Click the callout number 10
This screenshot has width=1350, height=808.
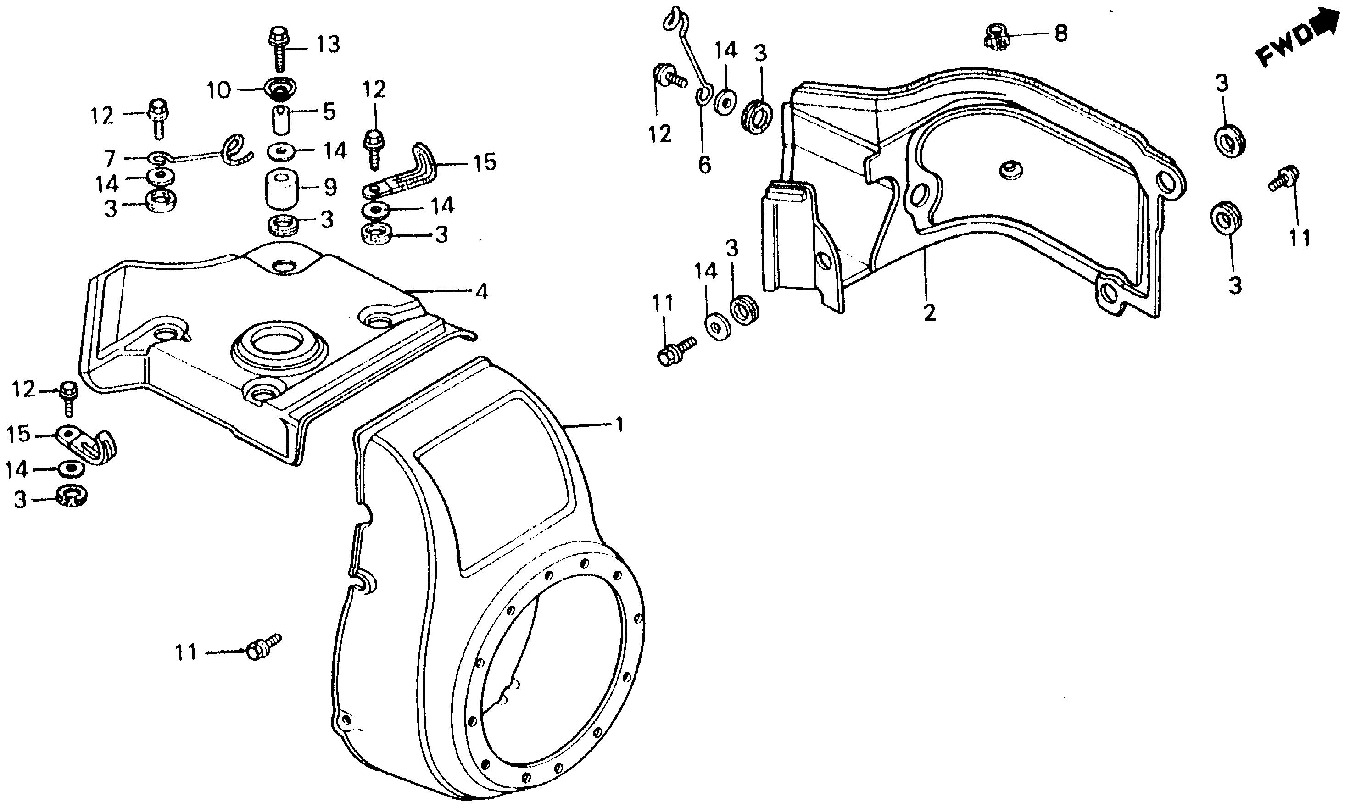pyautogui.click(x=218, y=90)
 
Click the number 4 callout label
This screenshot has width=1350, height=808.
pyautogui.click(x=481, y=292)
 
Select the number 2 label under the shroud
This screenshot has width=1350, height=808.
pyautogui.click(x=929, y=312)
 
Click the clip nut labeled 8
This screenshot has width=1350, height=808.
pyautogui.click(x=996, y=35)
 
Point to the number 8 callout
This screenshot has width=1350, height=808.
pyautogui.click(x=1061, y=34)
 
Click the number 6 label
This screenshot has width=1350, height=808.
pyautogui.click(x=704, y=164)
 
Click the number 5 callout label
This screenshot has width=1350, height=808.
pyautogui.click(x=329, y=112)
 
